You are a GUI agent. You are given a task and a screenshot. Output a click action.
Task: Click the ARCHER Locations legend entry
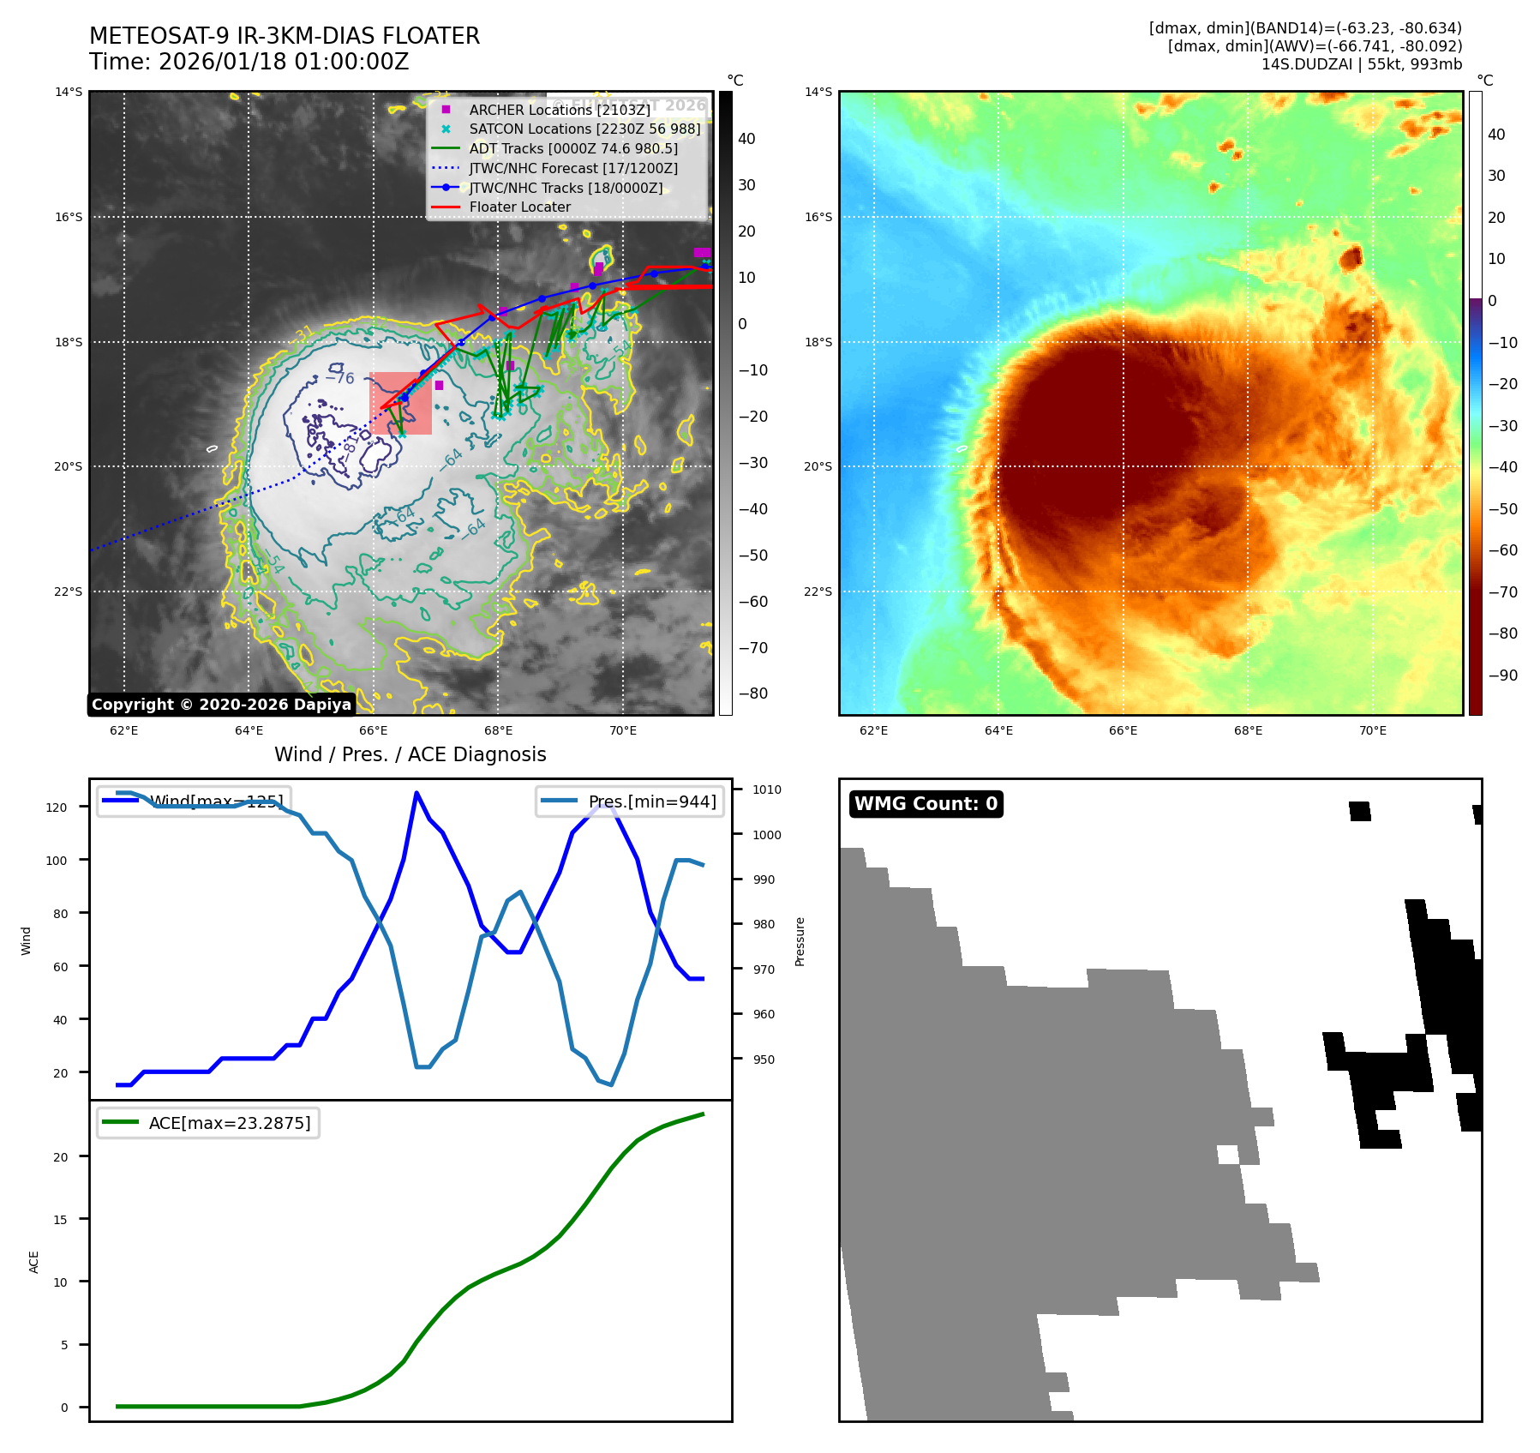tap(559, 110)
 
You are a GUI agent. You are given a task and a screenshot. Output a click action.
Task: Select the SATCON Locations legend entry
tap(584, 129)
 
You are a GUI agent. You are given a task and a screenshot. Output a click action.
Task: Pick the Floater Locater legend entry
tap(519, 207)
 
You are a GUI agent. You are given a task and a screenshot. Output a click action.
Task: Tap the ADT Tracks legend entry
tap(572, 149)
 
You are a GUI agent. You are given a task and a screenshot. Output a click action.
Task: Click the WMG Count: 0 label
tap(926, 804)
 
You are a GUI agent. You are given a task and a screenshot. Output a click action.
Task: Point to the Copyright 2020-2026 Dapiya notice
tap(221, 705)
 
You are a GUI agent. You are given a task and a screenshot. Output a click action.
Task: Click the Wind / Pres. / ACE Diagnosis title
tap(410, 754)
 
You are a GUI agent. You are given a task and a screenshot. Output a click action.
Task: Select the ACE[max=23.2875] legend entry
tap(229, 1123)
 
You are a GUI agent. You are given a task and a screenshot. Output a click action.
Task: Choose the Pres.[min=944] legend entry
tap(651, 802)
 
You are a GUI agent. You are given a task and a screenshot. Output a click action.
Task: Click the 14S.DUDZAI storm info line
tap(1361, 64)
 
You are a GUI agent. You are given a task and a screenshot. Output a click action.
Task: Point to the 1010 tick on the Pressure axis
tap(767, 790)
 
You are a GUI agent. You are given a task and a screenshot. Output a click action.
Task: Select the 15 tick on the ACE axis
tap(60, 1220)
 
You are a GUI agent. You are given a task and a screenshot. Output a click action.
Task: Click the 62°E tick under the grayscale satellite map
tap(124, 731)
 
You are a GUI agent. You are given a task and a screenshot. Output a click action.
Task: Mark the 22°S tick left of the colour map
tap(818, 591)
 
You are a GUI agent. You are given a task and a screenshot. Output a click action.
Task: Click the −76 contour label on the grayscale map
tap(340, 377)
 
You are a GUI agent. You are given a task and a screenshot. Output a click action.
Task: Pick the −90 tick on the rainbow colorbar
tap(1502, 675)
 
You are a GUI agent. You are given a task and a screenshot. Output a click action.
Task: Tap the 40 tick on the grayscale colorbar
tap(746, 139)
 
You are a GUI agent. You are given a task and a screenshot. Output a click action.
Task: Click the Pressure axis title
tap(800, 941)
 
